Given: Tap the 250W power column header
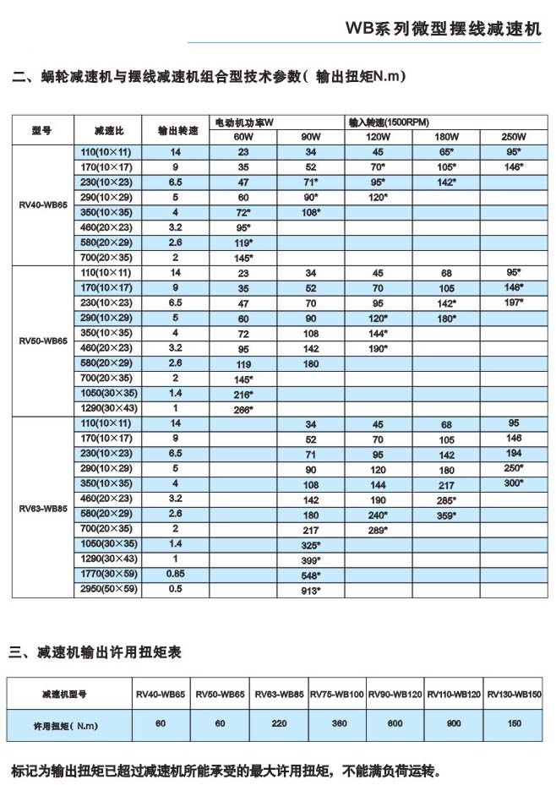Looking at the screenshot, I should [514, 138].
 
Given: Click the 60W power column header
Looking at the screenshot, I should [243, 138].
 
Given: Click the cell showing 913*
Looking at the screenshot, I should [311, 591].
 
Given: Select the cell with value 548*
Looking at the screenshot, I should [311, 575].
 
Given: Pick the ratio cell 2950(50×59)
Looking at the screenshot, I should [108, 590].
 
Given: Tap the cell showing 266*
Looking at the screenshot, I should [243, 409].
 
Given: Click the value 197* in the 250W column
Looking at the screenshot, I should [514, 303].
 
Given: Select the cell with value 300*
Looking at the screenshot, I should [514, 483].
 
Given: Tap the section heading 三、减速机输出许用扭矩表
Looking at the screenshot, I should [95, 652].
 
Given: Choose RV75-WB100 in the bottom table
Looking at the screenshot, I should [336, 694].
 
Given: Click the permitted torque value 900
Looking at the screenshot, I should [455, 724].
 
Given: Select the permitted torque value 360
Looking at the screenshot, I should [336, 724].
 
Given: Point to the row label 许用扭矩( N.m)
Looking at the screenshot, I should [63, 725].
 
